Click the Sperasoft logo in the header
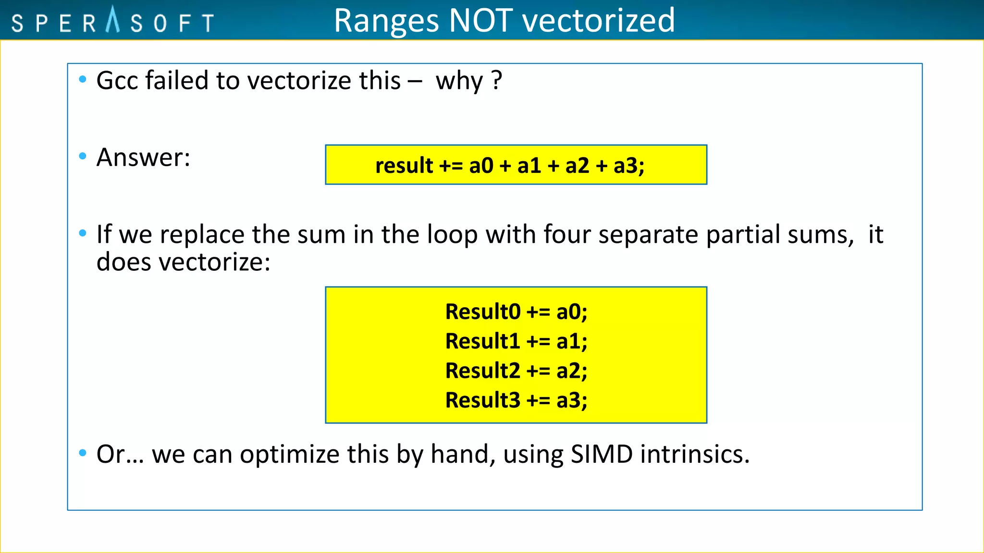pos(112,22)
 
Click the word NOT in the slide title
pos(480,21)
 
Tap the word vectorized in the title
pos(598,21)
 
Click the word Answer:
pos(143,157)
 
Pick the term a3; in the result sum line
pos(629,166)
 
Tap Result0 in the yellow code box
pos(482,312)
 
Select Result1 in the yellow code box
pos(482,341)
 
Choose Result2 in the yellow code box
pos(482,371)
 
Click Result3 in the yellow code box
pos(482,400)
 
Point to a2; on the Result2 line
pos(572,371)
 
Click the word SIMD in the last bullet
pos(602,454)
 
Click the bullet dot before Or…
pos(83,453)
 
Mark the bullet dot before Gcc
pos(83,79)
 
